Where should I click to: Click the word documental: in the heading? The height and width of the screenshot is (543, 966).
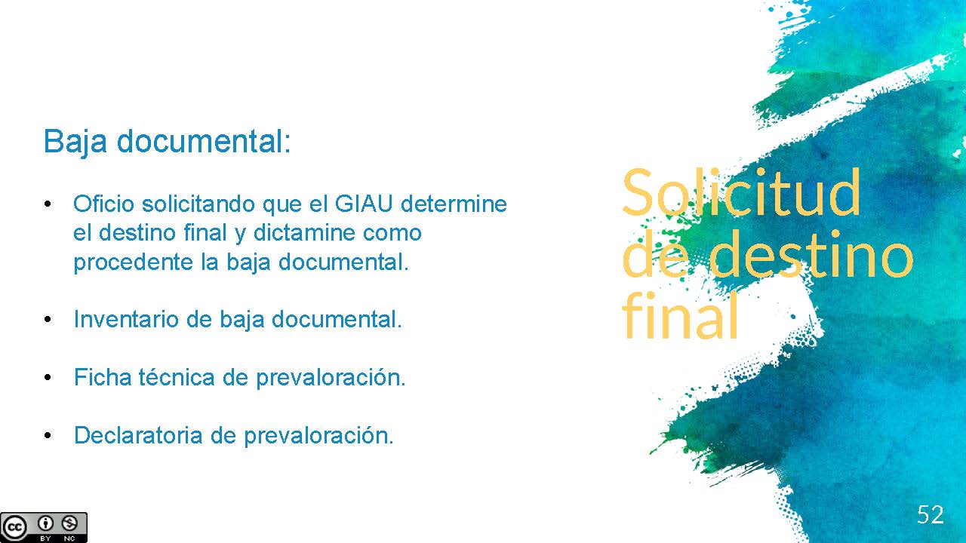[x=204, y=140]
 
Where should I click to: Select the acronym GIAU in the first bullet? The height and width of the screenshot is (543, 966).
[x=364, y=204]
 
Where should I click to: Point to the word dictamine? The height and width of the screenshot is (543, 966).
[x=303, y=233]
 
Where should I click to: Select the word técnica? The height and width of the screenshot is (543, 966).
[x=177, y=377]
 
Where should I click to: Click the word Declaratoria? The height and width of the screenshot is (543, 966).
[x=138, y=435]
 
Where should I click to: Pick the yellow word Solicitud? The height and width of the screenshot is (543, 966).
[x=741, y=192]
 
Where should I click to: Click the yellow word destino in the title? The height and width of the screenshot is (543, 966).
[x=811, y=255]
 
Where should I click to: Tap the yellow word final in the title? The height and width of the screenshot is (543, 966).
[x=680, y=316]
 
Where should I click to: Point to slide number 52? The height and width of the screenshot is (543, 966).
[x=931, y=514]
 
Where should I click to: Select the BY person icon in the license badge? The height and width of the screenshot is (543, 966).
[x=45, y=523]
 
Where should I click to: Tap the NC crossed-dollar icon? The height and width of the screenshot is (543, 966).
[x=69, y=523]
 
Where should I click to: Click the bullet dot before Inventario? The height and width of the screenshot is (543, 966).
[x=48, y=320]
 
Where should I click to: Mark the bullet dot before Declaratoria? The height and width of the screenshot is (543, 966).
[x=48, y=436]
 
